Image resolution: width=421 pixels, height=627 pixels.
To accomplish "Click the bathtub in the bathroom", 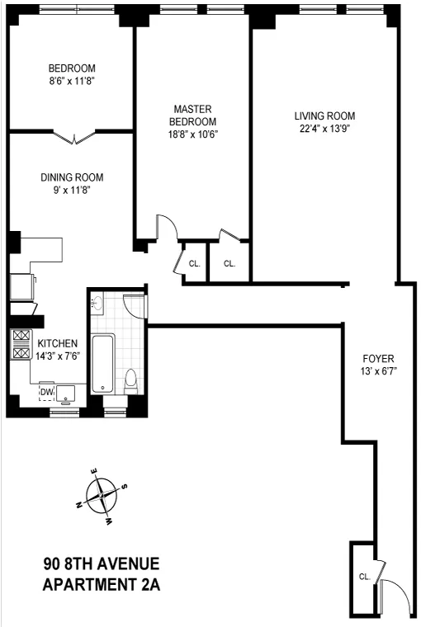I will point(103,362).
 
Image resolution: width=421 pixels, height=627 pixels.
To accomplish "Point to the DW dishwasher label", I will point(47,391).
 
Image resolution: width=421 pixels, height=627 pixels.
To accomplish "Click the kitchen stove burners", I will point(21,344).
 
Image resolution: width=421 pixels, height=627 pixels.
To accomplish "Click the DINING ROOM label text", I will point(73,177).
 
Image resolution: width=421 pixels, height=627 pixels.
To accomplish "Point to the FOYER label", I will point(379,358).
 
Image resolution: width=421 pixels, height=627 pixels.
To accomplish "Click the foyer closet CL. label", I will point(364,577).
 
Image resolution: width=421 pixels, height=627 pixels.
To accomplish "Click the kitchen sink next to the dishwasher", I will point(64,392).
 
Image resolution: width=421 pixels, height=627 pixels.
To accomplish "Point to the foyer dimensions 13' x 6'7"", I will point(379,373).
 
